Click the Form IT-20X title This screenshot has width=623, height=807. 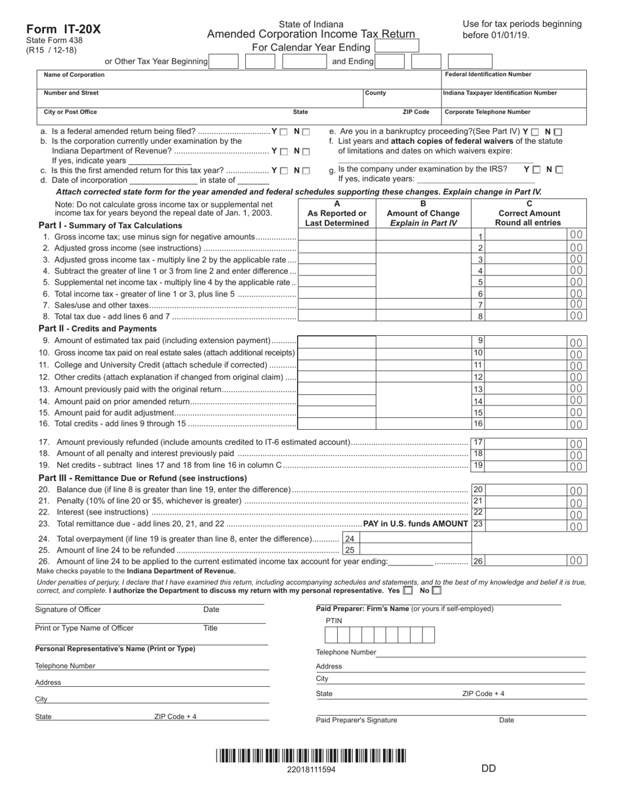coord(64,29)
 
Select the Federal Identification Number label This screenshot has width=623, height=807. coord(488,75)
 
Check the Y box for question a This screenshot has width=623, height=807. coord(284,132)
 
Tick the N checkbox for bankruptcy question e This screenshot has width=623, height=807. coord(558,132)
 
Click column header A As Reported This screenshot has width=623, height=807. coord(337,213)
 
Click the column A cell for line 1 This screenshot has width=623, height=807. coord(337,236)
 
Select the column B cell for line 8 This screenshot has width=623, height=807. coord(424,316)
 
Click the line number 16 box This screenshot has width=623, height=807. coord(478,424)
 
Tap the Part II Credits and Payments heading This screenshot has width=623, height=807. coord(98,329)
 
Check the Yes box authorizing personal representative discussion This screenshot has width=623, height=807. coord(409,590)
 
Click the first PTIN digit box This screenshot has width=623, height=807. coord(331,635)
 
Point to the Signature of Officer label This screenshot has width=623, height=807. coord(68,610)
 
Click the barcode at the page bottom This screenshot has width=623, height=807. coord(311,756)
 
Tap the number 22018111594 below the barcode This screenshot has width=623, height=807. coord(311,770)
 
